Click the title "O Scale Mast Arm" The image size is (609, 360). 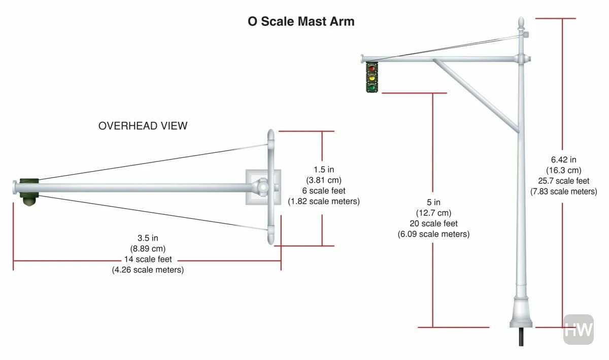click(301, 22)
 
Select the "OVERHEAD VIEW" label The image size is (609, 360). click(143, 126)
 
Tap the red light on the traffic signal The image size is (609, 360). click(372, 68)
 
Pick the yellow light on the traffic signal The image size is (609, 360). click(372, 78)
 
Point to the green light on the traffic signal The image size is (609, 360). click(372, 87)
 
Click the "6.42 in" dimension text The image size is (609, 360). click(563, 159)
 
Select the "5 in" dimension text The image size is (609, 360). click(433, 203)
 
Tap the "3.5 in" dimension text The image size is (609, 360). click(148, 238)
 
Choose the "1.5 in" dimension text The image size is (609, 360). click(323, 170)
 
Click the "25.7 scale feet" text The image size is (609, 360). click(563, 181)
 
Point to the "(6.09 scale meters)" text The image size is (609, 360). click(433, 234)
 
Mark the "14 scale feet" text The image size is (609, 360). click(148, 259)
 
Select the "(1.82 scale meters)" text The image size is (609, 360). click(323, 202)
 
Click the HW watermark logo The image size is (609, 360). click(579, 329)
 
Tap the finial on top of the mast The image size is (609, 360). click(521, 23)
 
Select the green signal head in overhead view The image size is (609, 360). click(29, 188)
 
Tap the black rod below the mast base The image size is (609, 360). click(521, 336)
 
